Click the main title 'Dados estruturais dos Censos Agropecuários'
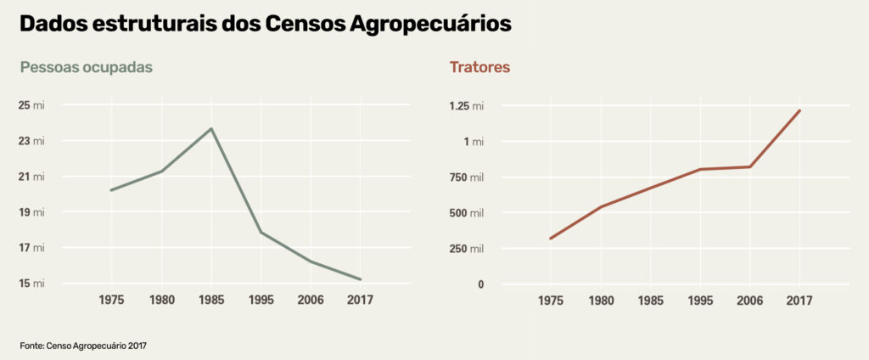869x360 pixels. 265,24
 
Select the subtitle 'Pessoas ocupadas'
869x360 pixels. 87,67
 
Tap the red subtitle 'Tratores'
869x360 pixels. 479,67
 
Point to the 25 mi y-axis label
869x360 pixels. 32,105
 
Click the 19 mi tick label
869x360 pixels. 32,212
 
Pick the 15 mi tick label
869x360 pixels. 32,284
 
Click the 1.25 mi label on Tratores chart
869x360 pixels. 467,106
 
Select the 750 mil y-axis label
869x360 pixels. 466,177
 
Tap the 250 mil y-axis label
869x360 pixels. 466,248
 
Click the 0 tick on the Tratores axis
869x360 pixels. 480,284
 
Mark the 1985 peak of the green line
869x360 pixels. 211,128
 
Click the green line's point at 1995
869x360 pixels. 261,232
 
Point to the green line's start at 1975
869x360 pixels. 111,190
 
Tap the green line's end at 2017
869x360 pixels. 361,279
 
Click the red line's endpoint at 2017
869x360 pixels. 799,110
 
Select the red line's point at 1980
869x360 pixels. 601,207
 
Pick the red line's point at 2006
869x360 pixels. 749,166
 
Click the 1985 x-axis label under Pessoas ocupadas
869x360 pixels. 211,301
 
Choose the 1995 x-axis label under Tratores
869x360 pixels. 700,301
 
